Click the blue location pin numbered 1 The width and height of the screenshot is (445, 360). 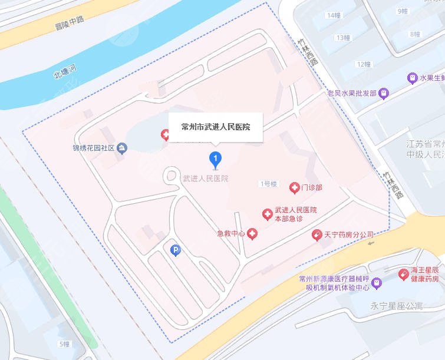pos(216,158)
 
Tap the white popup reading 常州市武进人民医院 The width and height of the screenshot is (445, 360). pos(216,127)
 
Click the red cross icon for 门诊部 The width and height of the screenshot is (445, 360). pos(294,188)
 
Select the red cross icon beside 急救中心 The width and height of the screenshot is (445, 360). pos(252,234)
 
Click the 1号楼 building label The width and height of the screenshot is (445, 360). pos(268,184)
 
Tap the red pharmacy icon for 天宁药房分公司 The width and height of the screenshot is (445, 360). pos(317,235)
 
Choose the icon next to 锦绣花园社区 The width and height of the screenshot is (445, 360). pos(121,147)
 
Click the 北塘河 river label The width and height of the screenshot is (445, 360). pos(65,72)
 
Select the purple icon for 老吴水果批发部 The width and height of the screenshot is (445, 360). pos(384,93)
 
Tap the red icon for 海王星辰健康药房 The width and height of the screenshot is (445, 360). pos(403,273)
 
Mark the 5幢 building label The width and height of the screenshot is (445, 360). pos(64,344)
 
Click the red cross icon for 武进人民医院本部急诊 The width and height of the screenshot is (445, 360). pos(267,213)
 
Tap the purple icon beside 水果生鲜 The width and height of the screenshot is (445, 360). pos(413,78)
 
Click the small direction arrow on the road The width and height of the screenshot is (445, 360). pos(370,242)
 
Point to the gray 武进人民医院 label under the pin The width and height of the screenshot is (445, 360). pos(206,178)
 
